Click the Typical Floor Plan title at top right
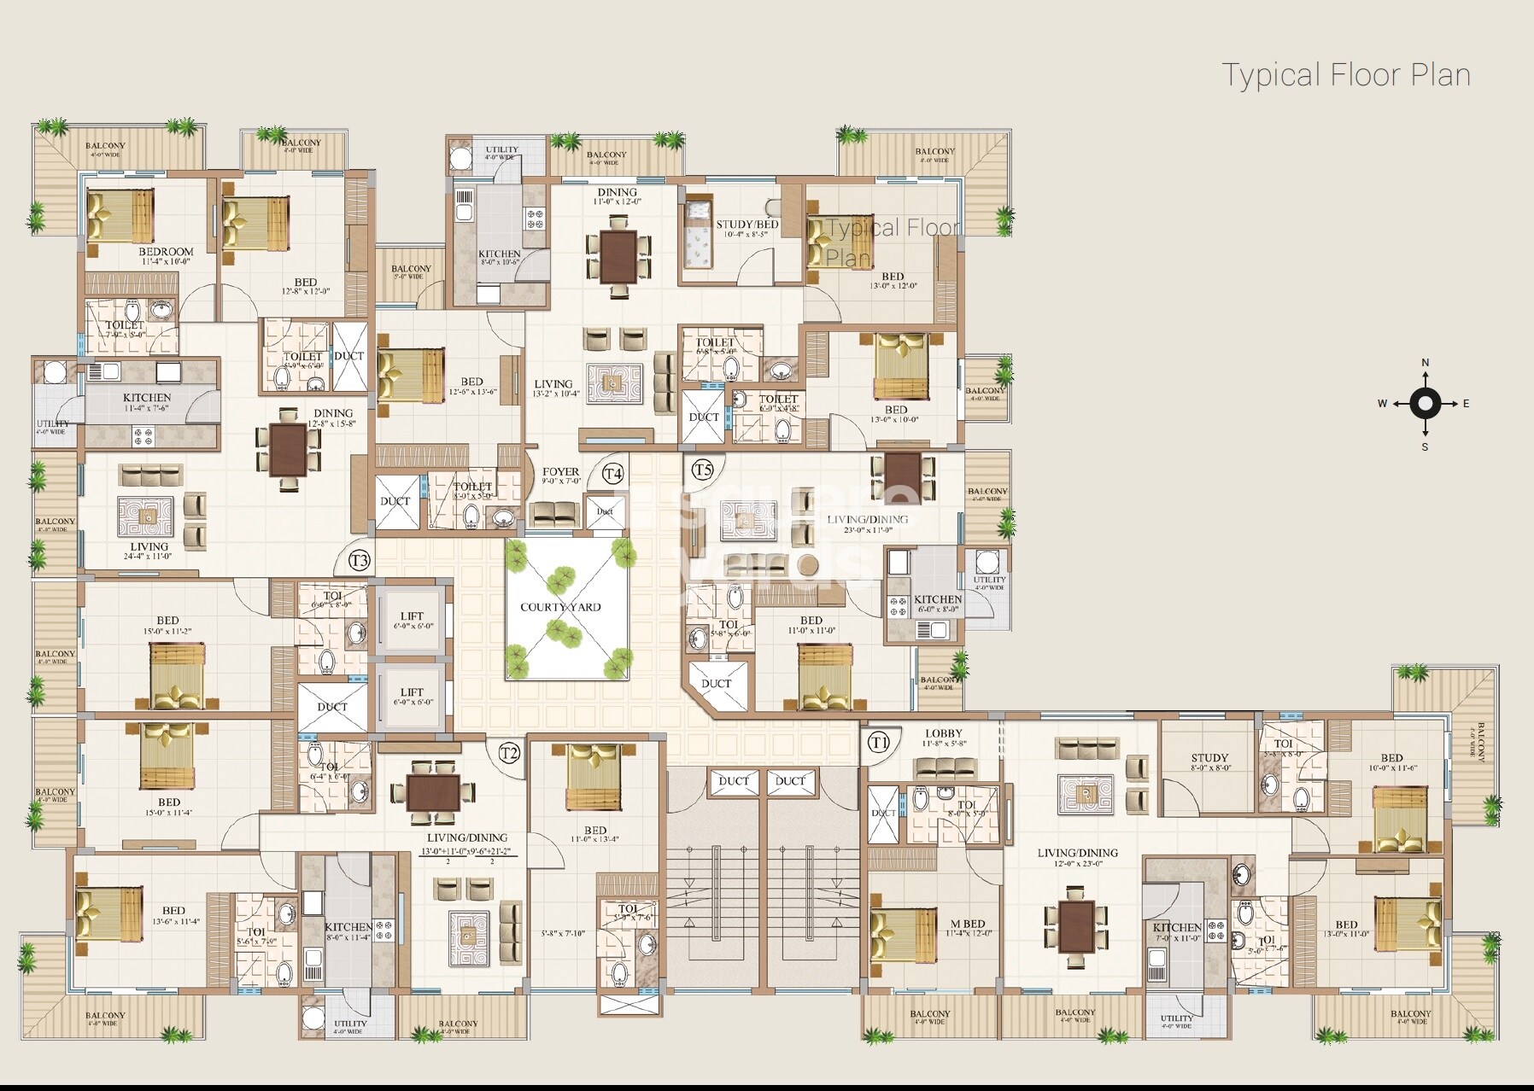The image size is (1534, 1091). point(1346,75)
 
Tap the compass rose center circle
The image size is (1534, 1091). point(1425,404)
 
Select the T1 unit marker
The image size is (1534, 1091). point(879,743)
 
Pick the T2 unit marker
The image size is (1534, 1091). point(509,753)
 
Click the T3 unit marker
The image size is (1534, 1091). point(360,561)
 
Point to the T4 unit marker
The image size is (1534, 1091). point(612,474)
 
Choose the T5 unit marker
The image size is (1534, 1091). point(702,470)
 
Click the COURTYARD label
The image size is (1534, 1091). point(560,607)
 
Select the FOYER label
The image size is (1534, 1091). point(560,471)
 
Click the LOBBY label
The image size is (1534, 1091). point(943,733)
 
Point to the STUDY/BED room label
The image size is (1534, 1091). point(747,225)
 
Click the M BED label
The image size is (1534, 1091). point(968,924)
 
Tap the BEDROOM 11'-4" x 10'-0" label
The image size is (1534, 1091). point(166,252)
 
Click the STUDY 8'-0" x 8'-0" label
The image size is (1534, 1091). point(1209,758)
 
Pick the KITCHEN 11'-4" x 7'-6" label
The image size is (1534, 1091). point(147,398)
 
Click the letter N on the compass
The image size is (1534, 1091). point(1425,363)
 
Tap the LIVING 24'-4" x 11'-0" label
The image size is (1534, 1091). point(149,547)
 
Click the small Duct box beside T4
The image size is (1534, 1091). point(605,512)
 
